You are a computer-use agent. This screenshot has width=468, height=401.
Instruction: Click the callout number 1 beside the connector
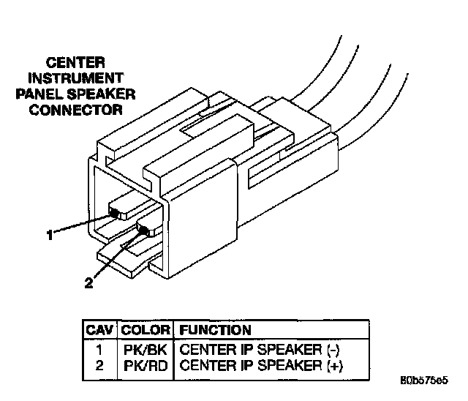[50, 236]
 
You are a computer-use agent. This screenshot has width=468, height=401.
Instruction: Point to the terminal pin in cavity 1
[115, 213]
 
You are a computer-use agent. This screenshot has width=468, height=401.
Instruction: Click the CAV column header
[99, 330]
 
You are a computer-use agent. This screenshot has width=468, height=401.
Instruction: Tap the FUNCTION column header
[215, 330]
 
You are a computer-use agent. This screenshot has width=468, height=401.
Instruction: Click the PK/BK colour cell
[146, 348]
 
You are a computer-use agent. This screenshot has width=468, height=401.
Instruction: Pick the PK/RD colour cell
[146, 365]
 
